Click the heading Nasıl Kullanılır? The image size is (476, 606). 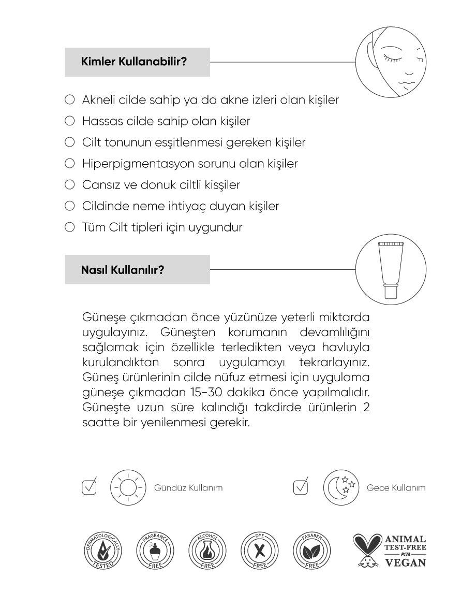[x=123, y=269]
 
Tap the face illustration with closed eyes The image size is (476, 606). [x=392, y=62]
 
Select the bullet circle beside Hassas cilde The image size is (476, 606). [x=69, y=121]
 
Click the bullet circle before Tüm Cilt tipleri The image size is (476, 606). [x=69, y=227]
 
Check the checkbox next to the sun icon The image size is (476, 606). [x=90, y=487]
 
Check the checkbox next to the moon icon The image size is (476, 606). [x=301, y=487]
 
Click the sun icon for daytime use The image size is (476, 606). [x=127, y=487]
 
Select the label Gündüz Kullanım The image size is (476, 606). [x=188, y=488]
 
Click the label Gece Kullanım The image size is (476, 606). [x=396, y=488]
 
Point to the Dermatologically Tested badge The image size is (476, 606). [x=102, y=550]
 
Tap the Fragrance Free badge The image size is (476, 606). [x=154, y=550]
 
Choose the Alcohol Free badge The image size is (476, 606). [x=206, y=550]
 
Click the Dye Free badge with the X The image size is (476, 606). [x=259, y=550]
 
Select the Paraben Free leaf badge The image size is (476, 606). [x=311, y=550]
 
